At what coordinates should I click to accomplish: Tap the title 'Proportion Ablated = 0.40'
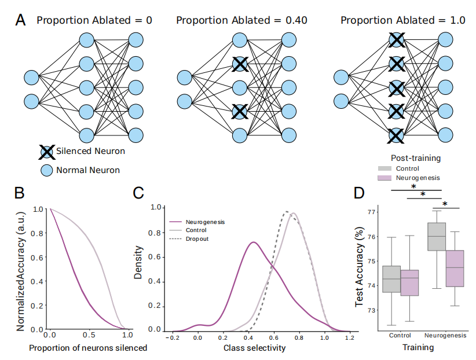(x=241, y=20)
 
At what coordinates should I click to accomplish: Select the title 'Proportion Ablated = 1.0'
(x=402, y=20)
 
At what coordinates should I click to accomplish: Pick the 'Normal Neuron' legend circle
(x=46, y=170)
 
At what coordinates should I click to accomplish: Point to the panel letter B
(x=19, y=192)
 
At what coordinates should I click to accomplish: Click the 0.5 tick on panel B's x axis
(x=89, y=336)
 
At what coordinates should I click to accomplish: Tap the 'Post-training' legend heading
(x=416, y=157)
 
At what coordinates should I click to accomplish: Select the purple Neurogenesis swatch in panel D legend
(x=384, y=178)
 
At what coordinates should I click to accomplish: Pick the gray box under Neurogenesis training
(x=436, y=236)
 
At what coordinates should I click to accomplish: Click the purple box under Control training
(x=409, y=282)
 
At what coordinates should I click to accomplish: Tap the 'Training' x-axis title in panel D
(x=419, y=348)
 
